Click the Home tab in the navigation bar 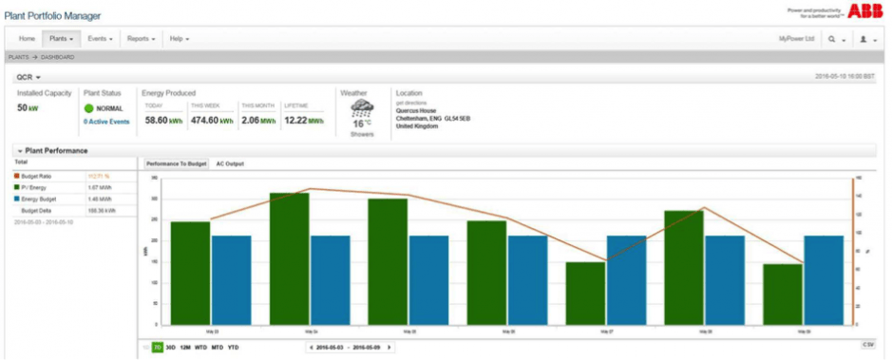pos(27,39)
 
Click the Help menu pos(179,39)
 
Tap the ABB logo pos(865,10)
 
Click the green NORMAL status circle pos(89,109)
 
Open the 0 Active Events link pos(106,122)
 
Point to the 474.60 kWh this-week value pos(212,121)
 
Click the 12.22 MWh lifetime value pos(302,121)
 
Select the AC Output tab pos(230,164)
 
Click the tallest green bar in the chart pos(289,258)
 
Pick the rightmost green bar pos(783,294)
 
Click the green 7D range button pos(158,348)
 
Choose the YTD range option pos(233,348)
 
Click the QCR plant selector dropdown pos(28,76)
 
